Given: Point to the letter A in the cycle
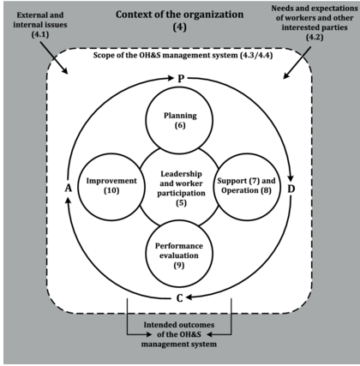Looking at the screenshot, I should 68,187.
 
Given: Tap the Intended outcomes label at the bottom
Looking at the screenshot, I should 180,336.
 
